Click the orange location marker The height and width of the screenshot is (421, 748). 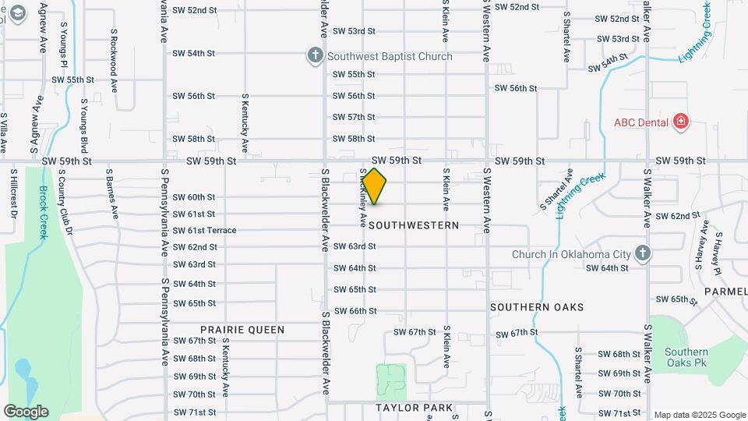[x=374, y=186]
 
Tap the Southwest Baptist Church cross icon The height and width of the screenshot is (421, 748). [x=315, y=55]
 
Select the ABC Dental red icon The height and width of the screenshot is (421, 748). [x=681, y=121]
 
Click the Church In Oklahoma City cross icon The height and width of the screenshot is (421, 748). [x=642, y=253]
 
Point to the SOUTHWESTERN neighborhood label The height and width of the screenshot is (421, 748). [x=413, y=225]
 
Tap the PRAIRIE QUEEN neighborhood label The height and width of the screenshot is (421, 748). [x=242, y=330]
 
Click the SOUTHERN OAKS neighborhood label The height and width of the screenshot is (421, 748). [x=537, y=307]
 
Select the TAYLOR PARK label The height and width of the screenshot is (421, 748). [x=414, y=408]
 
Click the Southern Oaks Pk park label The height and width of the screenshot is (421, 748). [x=686, y=357]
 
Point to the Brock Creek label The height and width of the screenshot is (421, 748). [x=44, y=213]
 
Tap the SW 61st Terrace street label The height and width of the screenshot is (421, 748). [x=204, y=230]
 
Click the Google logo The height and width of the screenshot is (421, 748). [x=26, y=411]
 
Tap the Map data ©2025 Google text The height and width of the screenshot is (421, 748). [x=700, y=415]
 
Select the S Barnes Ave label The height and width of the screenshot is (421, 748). [x=111, y=192]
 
